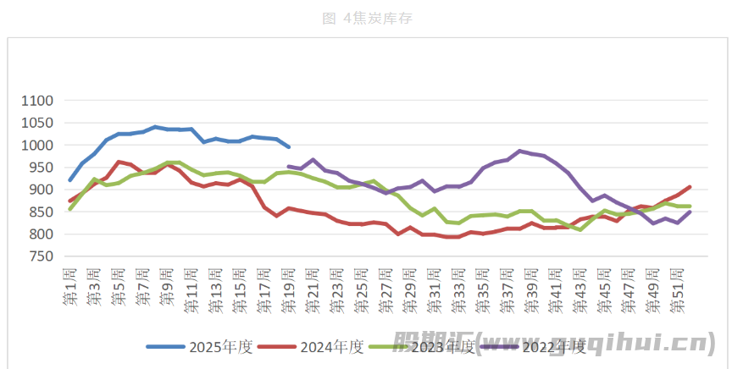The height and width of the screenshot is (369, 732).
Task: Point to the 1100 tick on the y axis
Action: pos(37,101)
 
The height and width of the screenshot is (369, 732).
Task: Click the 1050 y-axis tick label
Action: pos(37,123)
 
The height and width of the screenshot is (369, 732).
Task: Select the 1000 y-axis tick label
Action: pos(37,146)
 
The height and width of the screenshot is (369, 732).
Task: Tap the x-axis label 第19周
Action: pos(289,288)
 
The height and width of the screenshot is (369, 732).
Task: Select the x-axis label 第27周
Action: pos(386,288)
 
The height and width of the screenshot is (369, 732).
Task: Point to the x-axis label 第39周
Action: pos(532,288)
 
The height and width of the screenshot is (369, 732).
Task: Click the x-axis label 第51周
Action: pos(678,288)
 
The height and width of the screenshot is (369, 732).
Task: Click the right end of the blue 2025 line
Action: pos(289,147)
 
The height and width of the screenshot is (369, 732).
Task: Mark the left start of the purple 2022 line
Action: pos(289,167)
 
